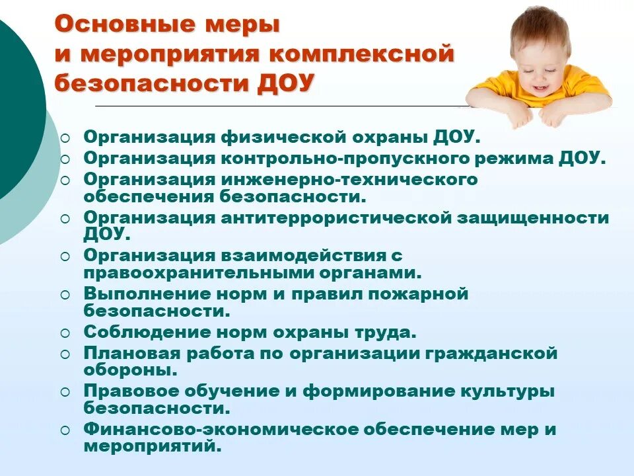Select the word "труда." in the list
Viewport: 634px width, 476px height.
386,331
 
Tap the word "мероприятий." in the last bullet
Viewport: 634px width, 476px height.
153,446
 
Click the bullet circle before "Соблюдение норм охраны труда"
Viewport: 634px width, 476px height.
65,333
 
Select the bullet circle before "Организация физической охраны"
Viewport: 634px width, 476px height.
65,139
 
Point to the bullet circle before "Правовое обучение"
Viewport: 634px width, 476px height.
65,391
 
